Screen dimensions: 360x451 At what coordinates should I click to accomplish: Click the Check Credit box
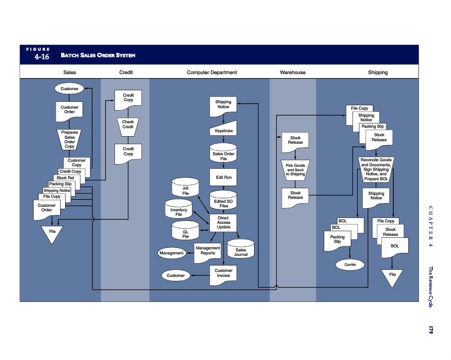(x=128, y=125)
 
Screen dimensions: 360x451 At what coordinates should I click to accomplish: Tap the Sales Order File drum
(x=223, y=154)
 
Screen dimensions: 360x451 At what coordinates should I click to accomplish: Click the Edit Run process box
(x=223, y=177)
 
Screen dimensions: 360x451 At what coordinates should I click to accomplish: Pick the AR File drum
(x=185, y=188)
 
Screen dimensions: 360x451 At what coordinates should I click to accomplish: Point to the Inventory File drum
(x=179, y=210)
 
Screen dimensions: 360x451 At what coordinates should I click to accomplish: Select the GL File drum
(x=185, y=232)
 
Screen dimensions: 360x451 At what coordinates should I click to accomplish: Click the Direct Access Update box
(x=223, y=223)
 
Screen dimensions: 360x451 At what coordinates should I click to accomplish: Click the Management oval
(x=171, y=253)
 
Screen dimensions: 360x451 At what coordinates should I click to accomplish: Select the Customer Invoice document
(x=223, y=273)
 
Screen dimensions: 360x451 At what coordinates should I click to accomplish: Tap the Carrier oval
(x=350, y=264)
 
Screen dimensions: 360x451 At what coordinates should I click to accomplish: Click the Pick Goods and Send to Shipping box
(x=295, y=169)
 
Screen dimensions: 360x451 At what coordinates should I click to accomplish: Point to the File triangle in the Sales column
(x=52, y=233)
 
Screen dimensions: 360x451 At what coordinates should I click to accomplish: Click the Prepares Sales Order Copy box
(x=70, y=139)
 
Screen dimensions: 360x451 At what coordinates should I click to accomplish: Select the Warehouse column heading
(x=293, y=73)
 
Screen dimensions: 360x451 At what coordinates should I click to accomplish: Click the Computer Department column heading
(x=212, y=73)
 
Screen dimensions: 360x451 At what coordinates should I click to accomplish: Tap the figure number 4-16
(x=42, y=57)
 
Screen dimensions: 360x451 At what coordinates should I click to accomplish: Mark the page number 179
(x=430, y=329)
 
